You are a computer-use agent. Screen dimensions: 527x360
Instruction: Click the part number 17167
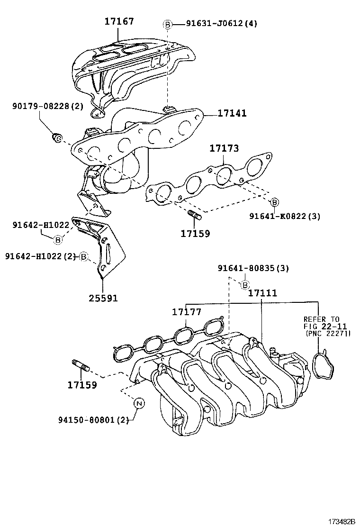(x=119, y=21)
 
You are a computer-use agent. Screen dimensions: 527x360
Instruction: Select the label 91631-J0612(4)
(x=215, y=24)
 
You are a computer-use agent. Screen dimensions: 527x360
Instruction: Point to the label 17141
(x=232, y=114)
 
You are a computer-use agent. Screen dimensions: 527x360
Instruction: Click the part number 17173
(x=224, y=149)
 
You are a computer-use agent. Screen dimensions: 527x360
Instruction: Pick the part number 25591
(x=103, y=298)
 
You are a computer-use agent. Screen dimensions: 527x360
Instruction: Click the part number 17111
(x=262, y=293)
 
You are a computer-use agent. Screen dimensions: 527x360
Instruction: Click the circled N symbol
(x=139, y=403)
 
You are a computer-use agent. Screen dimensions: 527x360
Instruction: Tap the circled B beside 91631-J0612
(x=167, y=24)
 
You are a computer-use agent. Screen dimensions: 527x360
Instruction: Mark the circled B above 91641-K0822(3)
(x=274, y=202)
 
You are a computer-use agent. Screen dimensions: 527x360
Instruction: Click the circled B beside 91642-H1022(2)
(x=83, y=256)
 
